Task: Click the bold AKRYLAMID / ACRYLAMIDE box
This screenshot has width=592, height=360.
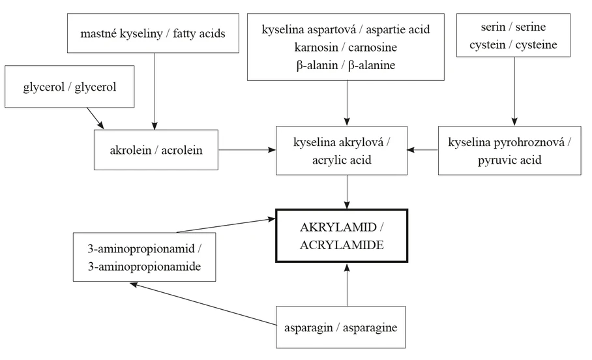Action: pyautogui.click(x=342, y=235)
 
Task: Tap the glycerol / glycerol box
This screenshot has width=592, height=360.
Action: pyautogui.click(x=70, y=87)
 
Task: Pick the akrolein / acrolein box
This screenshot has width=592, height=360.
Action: pyautogui.click(x=156, y=150)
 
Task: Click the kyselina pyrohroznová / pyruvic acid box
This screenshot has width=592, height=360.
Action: pyautogui.click(x=509, y=151)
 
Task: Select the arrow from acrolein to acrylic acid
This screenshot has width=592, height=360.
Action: pyautogui.click(x=247, y=150)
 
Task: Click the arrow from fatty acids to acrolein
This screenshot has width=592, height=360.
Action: pyautogui.click(x=155, y=91)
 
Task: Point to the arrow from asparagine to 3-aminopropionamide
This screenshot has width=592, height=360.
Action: pyautogui.click(x=202, y=304)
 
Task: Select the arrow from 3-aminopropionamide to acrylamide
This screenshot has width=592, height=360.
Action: pyautogui.click(x=225, y=225)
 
